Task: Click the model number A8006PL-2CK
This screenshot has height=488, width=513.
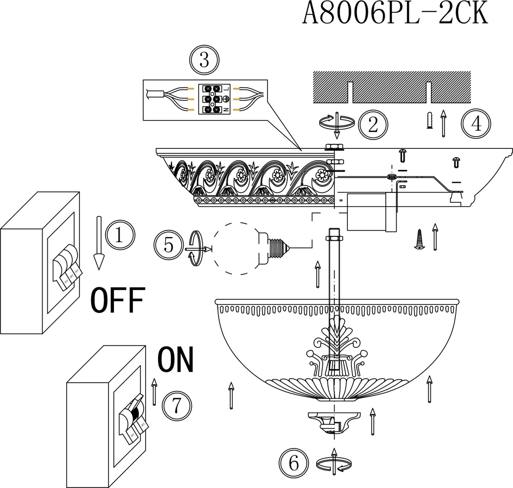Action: pos(394,14)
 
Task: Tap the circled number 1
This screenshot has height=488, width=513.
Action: pos(120,235)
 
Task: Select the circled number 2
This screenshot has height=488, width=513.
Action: pos(373,124)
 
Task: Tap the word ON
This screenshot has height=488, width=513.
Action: pos(175,360)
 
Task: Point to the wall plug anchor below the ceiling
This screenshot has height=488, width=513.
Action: pos(430,121)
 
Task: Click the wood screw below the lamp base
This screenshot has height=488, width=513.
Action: pos(420,239)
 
